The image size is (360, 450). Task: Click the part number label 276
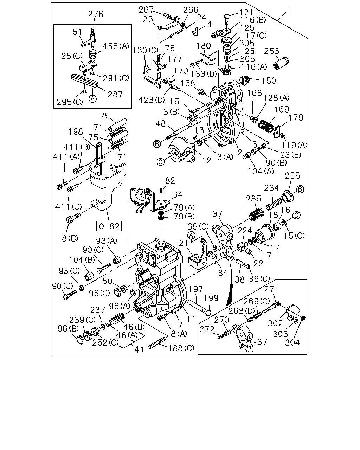click(x=96, y=14)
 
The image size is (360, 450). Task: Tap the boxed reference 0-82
click(x=109, y=226)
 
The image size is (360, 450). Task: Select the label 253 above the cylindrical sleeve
click(x=271, y=51)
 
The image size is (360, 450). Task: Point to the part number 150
click(x=269, y=81)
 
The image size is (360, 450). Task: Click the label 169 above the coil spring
click(x=282, y=109)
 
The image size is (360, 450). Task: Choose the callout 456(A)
click(x=116, y=46)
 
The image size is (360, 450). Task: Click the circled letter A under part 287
click(x=93, y=98)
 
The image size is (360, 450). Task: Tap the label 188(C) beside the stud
click(x=181, y=348)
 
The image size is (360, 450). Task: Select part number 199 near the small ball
click(x=211, y=298)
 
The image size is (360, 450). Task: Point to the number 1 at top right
click(x=289, y=10)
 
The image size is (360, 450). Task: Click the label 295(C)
click(x=70, y=102)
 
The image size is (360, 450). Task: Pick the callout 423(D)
click(x=152, y=100)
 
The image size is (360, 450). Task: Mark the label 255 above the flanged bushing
click(x=292, y=176)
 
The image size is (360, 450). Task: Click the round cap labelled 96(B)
click(x=81, y=340)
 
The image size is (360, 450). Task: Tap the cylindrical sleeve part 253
click(x=281, y=63)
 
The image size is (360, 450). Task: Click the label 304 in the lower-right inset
click(x=292, y=342)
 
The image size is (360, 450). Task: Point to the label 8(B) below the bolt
click(x=70, y=238)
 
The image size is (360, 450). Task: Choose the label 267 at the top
click(x=146, y=10)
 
